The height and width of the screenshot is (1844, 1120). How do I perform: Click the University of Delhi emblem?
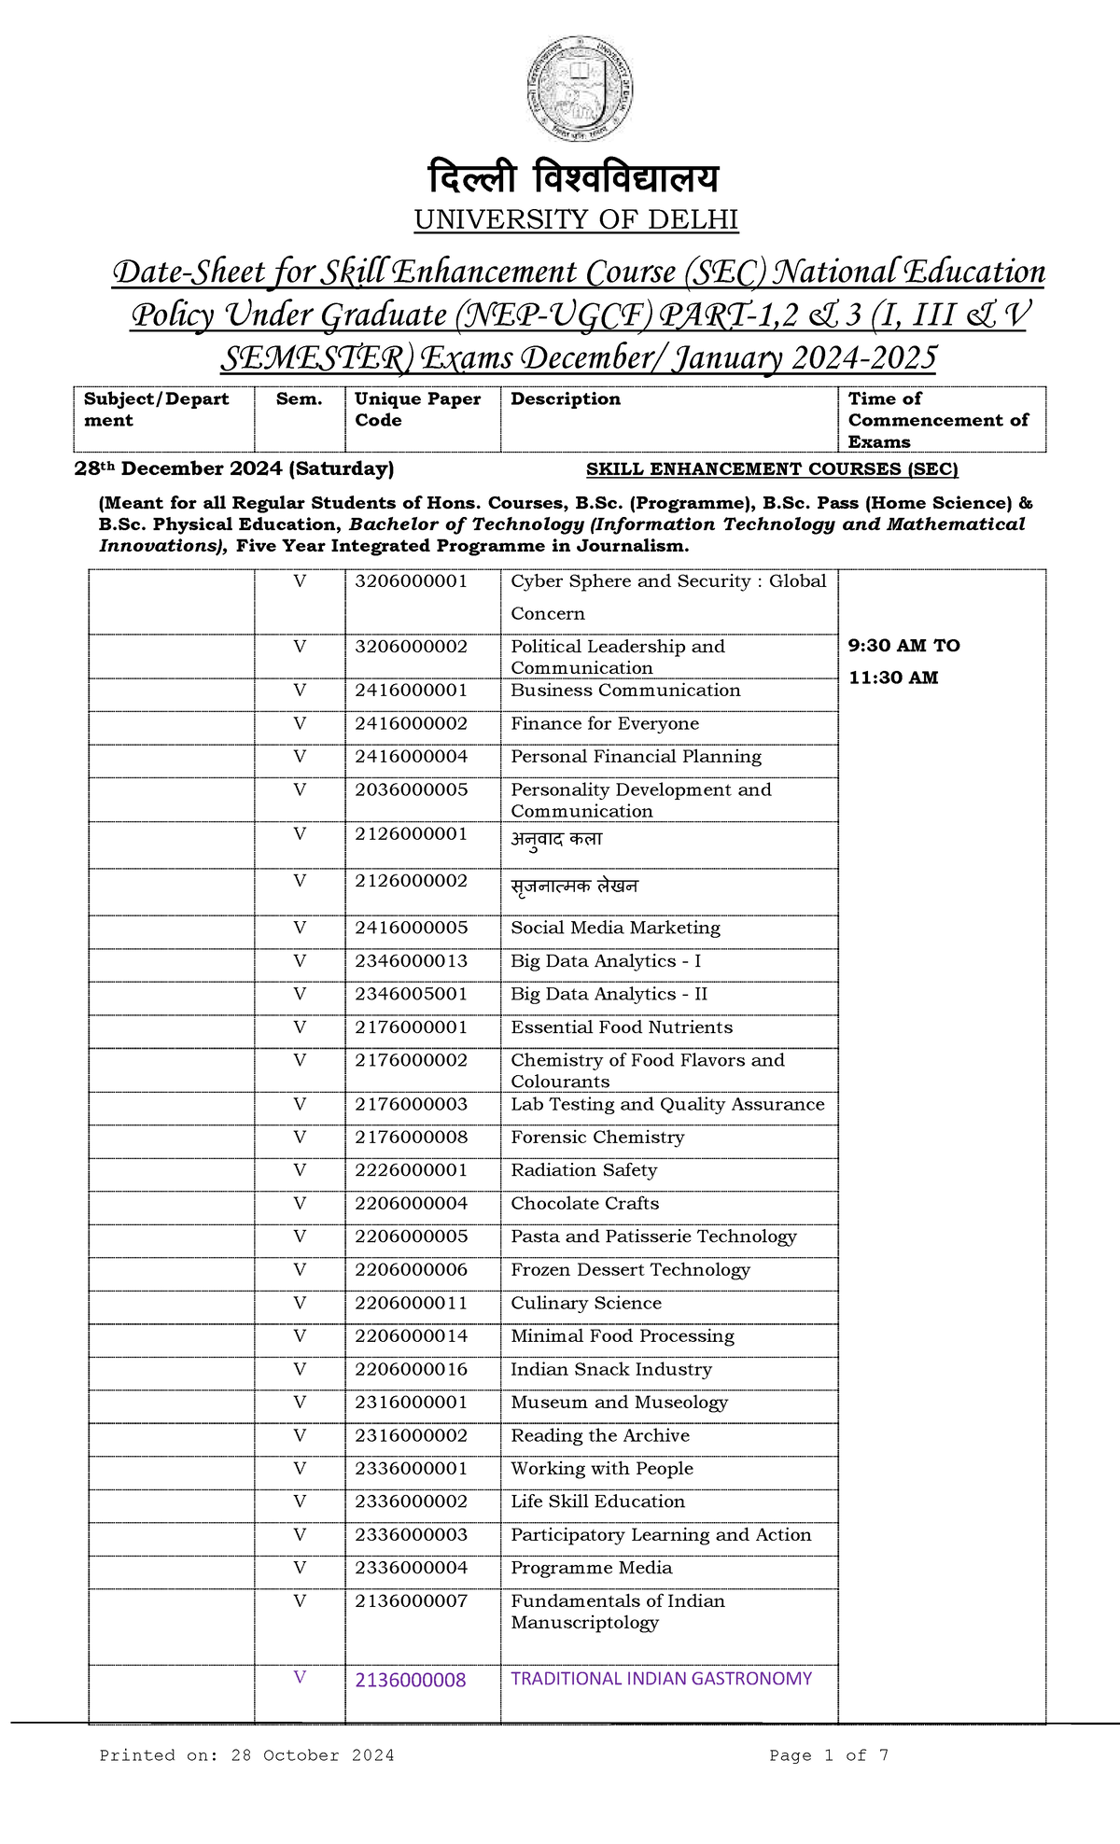tap(578, 90)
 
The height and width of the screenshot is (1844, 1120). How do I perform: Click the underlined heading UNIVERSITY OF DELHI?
tap(576, 220)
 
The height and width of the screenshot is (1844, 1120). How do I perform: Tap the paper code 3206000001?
tap(411, 581)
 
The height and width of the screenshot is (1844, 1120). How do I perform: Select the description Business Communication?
tap(625, 691)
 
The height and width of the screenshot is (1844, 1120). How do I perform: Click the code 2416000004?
tap(411, 757)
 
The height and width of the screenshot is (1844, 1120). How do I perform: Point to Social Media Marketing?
tap(615, 929)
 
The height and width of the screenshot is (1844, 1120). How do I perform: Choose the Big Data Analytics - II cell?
tap(609, 995)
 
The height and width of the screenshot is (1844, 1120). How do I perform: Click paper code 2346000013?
tap(411, 961)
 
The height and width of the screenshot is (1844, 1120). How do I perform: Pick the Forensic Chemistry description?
tap(597, 1138)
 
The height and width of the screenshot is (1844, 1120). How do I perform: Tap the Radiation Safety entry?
tap(583, 1170)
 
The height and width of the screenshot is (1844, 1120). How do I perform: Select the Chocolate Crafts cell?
tap(584, 1204)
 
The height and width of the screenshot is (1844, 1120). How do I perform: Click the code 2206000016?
tap(411, 1370)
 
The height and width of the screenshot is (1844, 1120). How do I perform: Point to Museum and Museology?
tap(619, 1403)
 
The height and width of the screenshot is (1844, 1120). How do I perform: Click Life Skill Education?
tap(597, 1502)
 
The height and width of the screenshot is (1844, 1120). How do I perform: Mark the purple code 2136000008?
tap(410, 1681)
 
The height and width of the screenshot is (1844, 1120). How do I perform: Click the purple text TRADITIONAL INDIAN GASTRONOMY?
tap(661, 1679)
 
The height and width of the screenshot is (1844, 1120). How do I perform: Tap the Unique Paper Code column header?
tap(417, 410)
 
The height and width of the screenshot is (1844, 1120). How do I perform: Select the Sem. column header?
tap(299, 399)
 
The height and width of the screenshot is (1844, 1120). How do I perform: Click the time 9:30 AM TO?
tap(903, 646)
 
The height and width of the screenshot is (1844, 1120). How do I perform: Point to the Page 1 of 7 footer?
tap(829, 1755)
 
